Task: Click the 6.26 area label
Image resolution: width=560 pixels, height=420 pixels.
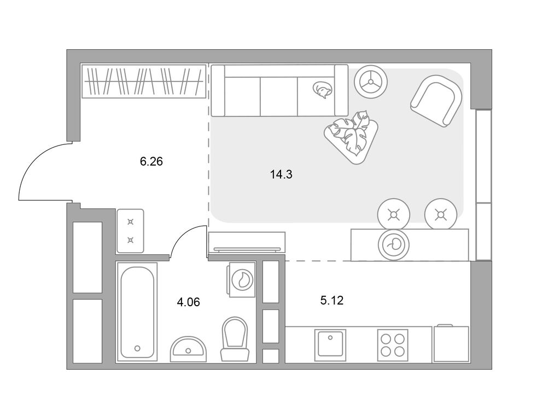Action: tap(151, 162)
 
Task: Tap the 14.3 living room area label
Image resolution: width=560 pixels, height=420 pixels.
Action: tap(282, 174)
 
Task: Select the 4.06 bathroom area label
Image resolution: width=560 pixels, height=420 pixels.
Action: tap(188, 302)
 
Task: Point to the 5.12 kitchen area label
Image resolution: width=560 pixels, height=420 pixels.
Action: tap(332, 300)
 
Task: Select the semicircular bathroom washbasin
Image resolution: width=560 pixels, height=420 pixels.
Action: tap(188, 349)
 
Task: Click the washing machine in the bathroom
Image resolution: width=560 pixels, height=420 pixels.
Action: tap(242, 279)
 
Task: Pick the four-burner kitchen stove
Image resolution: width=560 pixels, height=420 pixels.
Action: tap(393, 346)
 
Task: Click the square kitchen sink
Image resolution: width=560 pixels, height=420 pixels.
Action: tap(330, 346)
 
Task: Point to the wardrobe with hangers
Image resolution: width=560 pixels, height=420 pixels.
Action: tap(144, 81)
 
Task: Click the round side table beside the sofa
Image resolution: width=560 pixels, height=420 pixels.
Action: tap(371, 82)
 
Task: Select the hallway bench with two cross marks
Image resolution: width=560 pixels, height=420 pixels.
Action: tap(130, 231)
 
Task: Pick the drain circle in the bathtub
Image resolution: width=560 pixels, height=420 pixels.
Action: tap(137, 348)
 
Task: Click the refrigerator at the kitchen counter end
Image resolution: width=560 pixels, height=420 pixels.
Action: tap(451, 343)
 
